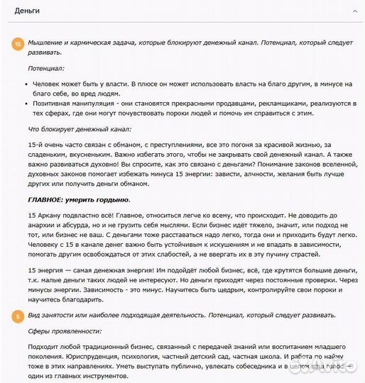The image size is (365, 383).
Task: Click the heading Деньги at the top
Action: click(x=26, y=11)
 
